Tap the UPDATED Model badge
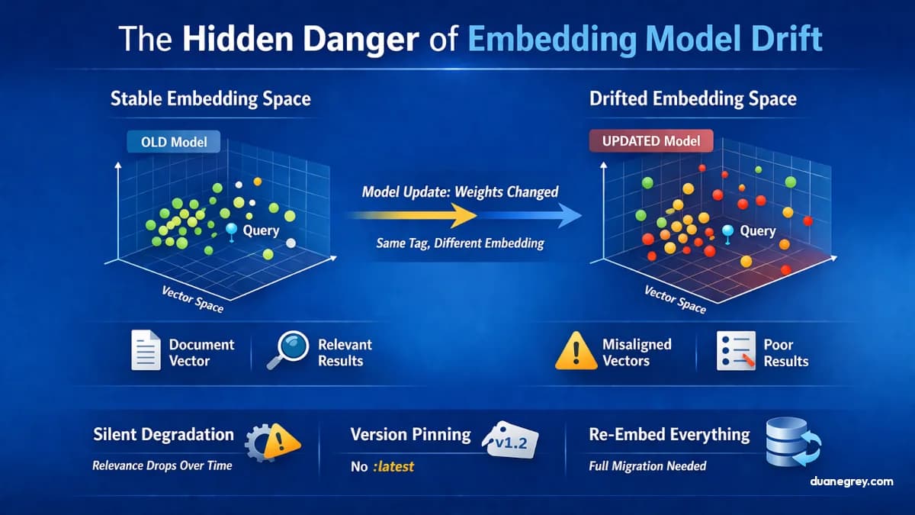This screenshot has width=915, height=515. point(651,142)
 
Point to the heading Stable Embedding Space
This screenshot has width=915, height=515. point(210,99)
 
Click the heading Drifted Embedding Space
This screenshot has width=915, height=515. point(692,99)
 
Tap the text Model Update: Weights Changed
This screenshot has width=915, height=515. point(460,192)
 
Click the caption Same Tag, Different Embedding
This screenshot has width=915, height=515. point(460,243)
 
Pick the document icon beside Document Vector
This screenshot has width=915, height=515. point(146,351)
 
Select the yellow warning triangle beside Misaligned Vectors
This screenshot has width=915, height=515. point(576,352)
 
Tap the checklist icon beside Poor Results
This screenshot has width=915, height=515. point(735,351)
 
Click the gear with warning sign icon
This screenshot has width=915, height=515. point(271,440)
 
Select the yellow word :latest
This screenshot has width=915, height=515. point(393,466)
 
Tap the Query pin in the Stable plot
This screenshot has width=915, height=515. point(232,231)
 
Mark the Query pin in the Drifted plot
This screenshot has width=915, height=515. point(727,232)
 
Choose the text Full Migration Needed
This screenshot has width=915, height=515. point(647,465)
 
